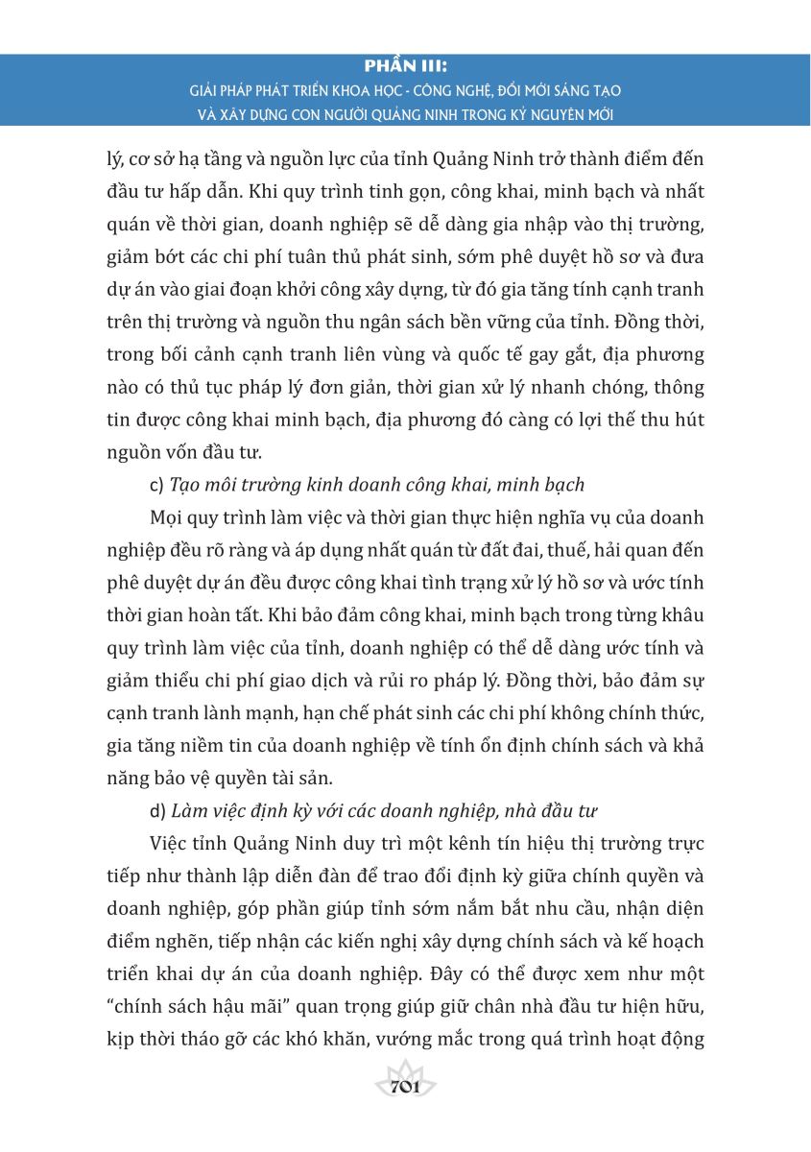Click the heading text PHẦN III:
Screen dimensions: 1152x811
[407, 67]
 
